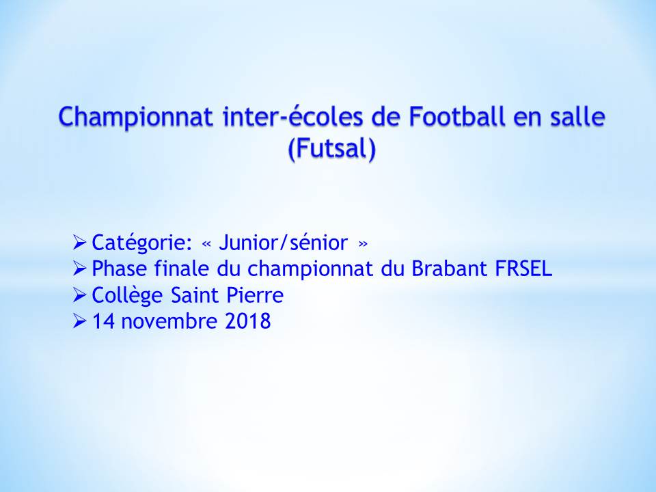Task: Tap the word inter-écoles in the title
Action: tap(293, 116)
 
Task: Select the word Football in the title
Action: tap(456, 116)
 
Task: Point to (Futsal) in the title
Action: tap(332, 149)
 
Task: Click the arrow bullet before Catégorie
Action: tap(79, 243)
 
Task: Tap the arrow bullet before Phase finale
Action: tap(79, 269)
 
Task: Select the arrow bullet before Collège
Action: tap(79, 295)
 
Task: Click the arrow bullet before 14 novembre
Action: tap(79, 321)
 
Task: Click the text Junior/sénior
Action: tap(283, 243)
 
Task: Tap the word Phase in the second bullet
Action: tap(119, 269)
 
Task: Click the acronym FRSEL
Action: tap(523, 269)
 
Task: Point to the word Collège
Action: tap(127, 296)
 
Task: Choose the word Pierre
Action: tap(255, 295)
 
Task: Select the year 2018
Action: tap(247, 321)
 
